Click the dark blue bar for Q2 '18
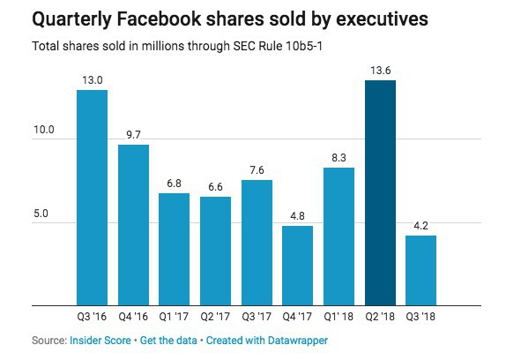coord(380,192)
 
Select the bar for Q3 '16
coord(92,198)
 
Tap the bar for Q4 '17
coord(298,266)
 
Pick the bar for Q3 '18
coord(420,271)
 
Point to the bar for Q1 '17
coord(175,249)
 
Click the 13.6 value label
coord(381,71)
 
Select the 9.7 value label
coord(133,135)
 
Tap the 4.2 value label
coord(420,226)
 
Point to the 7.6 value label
coord(257,169)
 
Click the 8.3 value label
coord(339,158)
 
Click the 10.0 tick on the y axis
coord(44,130)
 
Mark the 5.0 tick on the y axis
coord(41,214)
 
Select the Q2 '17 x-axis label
coord(215,317)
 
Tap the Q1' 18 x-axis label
coord(339,317)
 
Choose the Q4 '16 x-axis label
coord(133,317)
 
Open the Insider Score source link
coord(100,341)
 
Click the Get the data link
coord(168,341)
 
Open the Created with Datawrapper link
coord(267,341)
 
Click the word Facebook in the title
coord(159,19)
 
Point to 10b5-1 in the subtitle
coord(303,46)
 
